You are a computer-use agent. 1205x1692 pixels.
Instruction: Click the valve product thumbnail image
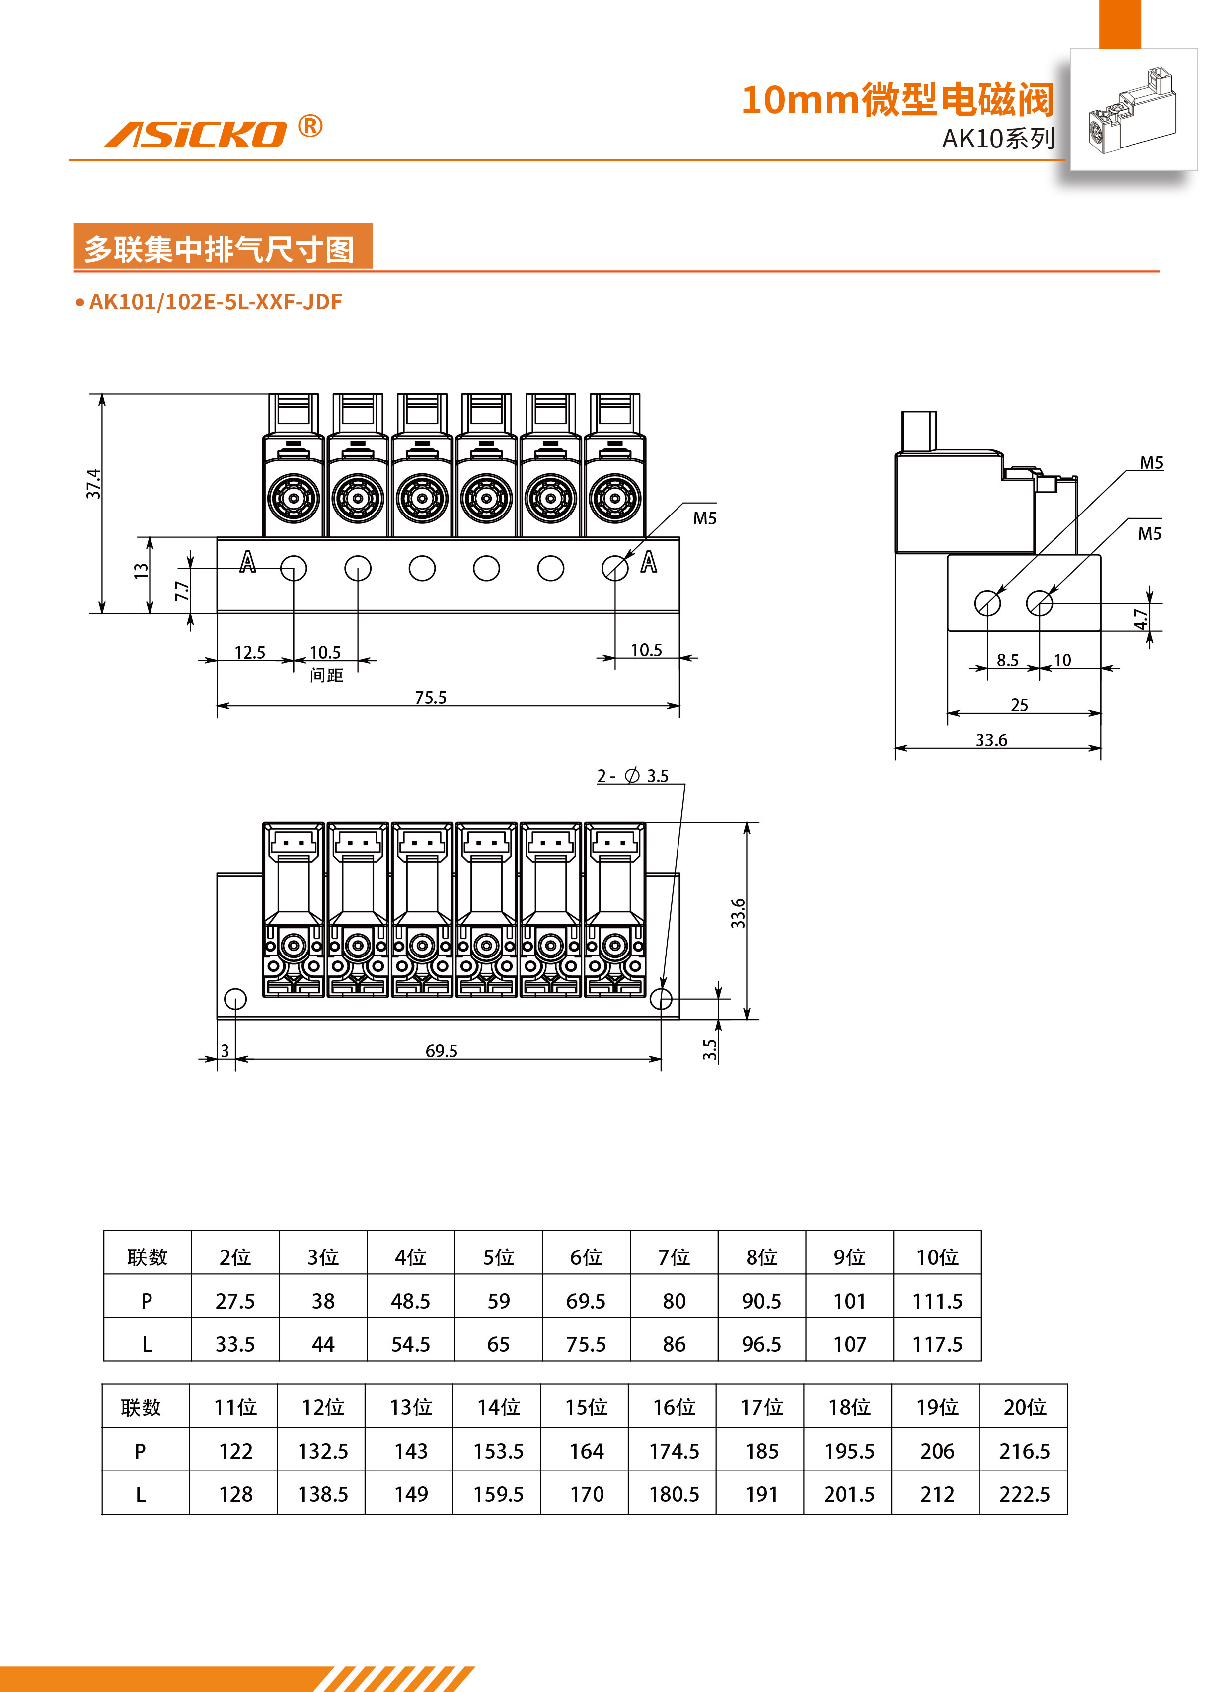coord(1132,110)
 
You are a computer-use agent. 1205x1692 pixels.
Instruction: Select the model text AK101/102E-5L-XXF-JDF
coord(215,302)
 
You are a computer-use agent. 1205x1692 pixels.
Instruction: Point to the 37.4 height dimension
coord(93,484)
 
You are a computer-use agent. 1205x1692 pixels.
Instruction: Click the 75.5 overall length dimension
coord(430,697)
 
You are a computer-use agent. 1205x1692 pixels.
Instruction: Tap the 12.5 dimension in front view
coord(249,652)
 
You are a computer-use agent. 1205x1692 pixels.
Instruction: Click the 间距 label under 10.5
coord(326,675)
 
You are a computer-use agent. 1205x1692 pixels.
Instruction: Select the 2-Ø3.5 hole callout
coord(633,776)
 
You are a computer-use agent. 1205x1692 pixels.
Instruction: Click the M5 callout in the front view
coord(704,518)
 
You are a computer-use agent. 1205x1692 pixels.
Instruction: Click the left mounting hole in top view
coord(235,998)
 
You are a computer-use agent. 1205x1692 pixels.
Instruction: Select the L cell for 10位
coord(937,1344)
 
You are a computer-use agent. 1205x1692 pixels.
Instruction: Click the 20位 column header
coord(1024,1407)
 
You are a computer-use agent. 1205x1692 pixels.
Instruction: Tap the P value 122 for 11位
coord(235,1451)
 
